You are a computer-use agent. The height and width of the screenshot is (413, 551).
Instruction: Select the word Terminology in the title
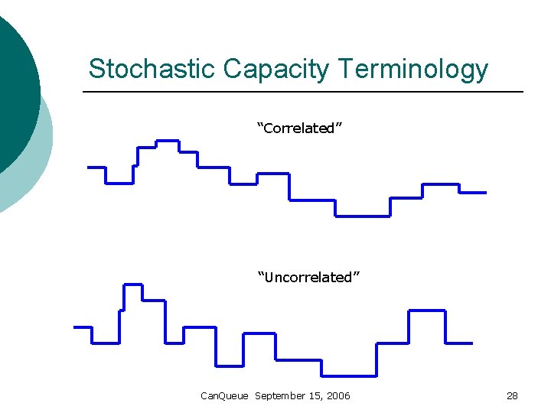pyautogui.click(x=413, y=69)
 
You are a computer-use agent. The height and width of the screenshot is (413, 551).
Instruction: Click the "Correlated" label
pyautogui.click(x=299, y=128)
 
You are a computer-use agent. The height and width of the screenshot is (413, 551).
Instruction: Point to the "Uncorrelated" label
pyautogui.click(x=308, y=278)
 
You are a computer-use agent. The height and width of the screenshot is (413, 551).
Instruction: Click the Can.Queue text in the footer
pyautogui.click(x=224, y=395)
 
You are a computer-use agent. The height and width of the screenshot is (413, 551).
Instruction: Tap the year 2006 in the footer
pyautogui.click(x=337, y=395)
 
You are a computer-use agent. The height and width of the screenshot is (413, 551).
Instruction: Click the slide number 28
pyautogui.click(x=512, y=395)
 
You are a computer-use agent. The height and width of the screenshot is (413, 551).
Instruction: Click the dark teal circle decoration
pyautogui.click(x=15, y=92)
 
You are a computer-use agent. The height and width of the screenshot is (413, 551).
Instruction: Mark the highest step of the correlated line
pyautogui.click(x=168, y=141)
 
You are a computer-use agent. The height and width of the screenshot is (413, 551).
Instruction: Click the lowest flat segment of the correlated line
pyautogui.click(x=363, y=216)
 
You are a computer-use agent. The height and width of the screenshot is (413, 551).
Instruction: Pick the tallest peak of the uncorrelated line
pyautogui.click(x=132, y=285)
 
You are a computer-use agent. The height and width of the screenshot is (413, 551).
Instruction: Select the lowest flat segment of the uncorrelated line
pyautogui.click(x=348, y=376)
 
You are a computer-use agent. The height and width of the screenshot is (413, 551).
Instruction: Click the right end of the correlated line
pyautogui.click(x=484, y=193)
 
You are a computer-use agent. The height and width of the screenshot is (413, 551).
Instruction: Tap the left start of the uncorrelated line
pyautogui.click(x=75, y=327)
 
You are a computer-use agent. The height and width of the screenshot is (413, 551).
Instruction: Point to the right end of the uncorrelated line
pyautogui.click(x=471, y=343)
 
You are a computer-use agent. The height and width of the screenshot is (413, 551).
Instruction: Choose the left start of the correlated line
pyautogui.click(x=90, y=167)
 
